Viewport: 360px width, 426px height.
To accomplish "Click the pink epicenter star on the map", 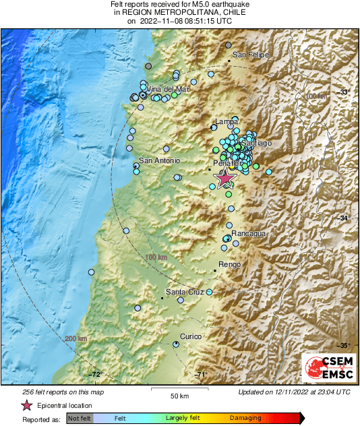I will coord(224,177).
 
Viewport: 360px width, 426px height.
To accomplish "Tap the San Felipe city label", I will coord(251,55).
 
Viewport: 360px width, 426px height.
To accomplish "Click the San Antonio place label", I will coord(159,160).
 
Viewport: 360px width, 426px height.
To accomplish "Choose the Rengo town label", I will coord(230,265).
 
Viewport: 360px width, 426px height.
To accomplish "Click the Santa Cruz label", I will coord(185,292).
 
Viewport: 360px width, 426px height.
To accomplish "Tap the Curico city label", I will coord(191,336).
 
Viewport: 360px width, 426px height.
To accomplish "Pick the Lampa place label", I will coord(225,122).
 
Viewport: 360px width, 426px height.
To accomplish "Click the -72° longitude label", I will coord(95,375).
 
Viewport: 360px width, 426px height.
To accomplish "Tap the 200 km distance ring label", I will coord(76,338).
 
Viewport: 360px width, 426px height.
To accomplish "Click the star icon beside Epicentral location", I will coord(26,405).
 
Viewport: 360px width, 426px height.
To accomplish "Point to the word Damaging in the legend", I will coord(245,418).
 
